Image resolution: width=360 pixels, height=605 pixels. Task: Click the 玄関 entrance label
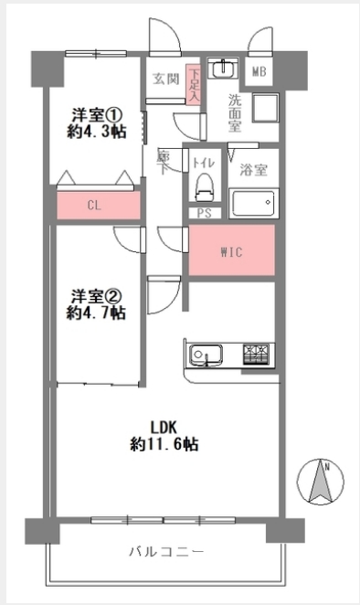pyautogui.click(x=166, y=80)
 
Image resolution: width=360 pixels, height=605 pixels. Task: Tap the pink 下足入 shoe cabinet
pyautogui.click(x=194, y=84)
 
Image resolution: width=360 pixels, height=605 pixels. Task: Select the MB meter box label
pyautogui.click(x=259, y=71)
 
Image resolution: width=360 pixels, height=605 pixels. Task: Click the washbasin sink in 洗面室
pyautogui.click(x=223, y=69)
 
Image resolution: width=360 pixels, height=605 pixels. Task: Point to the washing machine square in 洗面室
pyautogui.click(x=266, y=108)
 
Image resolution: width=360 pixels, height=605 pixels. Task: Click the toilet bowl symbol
pyautogui.click(x=205, y=186)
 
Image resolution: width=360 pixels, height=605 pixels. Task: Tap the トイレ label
pyautogui.click(x=204, y=164)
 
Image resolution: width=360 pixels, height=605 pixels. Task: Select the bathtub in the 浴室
pyautogui.click(x=253, y=203)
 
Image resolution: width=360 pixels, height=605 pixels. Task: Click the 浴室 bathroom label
pyautogui.click(x=253, y=170)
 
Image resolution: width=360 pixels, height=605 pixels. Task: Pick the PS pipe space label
pyautogui.click(x=205, y=213)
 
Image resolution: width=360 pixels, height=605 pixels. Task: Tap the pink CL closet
pyautogui.click(x=99, y=205)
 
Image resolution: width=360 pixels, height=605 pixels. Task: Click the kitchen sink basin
pyautogui.click(x=206, y=355)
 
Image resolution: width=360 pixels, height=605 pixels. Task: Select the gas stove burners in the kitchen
pyautogui.click(x=256, y=355)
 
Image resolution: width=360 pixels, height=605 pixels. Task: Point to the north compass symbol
pyautogui.click(x=321, y=483)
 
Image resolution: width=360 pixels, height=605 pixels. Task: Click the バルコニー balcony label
pyautogui.click(x=166, y=552)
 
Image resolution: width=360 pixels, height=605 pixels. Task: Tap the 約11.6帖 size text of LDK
pyautogui.click(x=164, y=445)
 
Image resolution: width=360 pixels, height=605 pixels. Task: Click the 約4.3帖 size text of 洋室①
pyautogui.click(x=97, y=133)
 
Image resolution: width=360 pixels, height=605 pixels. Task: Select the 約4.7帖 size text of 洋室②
pyautogui.click(x=96, y=313)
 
